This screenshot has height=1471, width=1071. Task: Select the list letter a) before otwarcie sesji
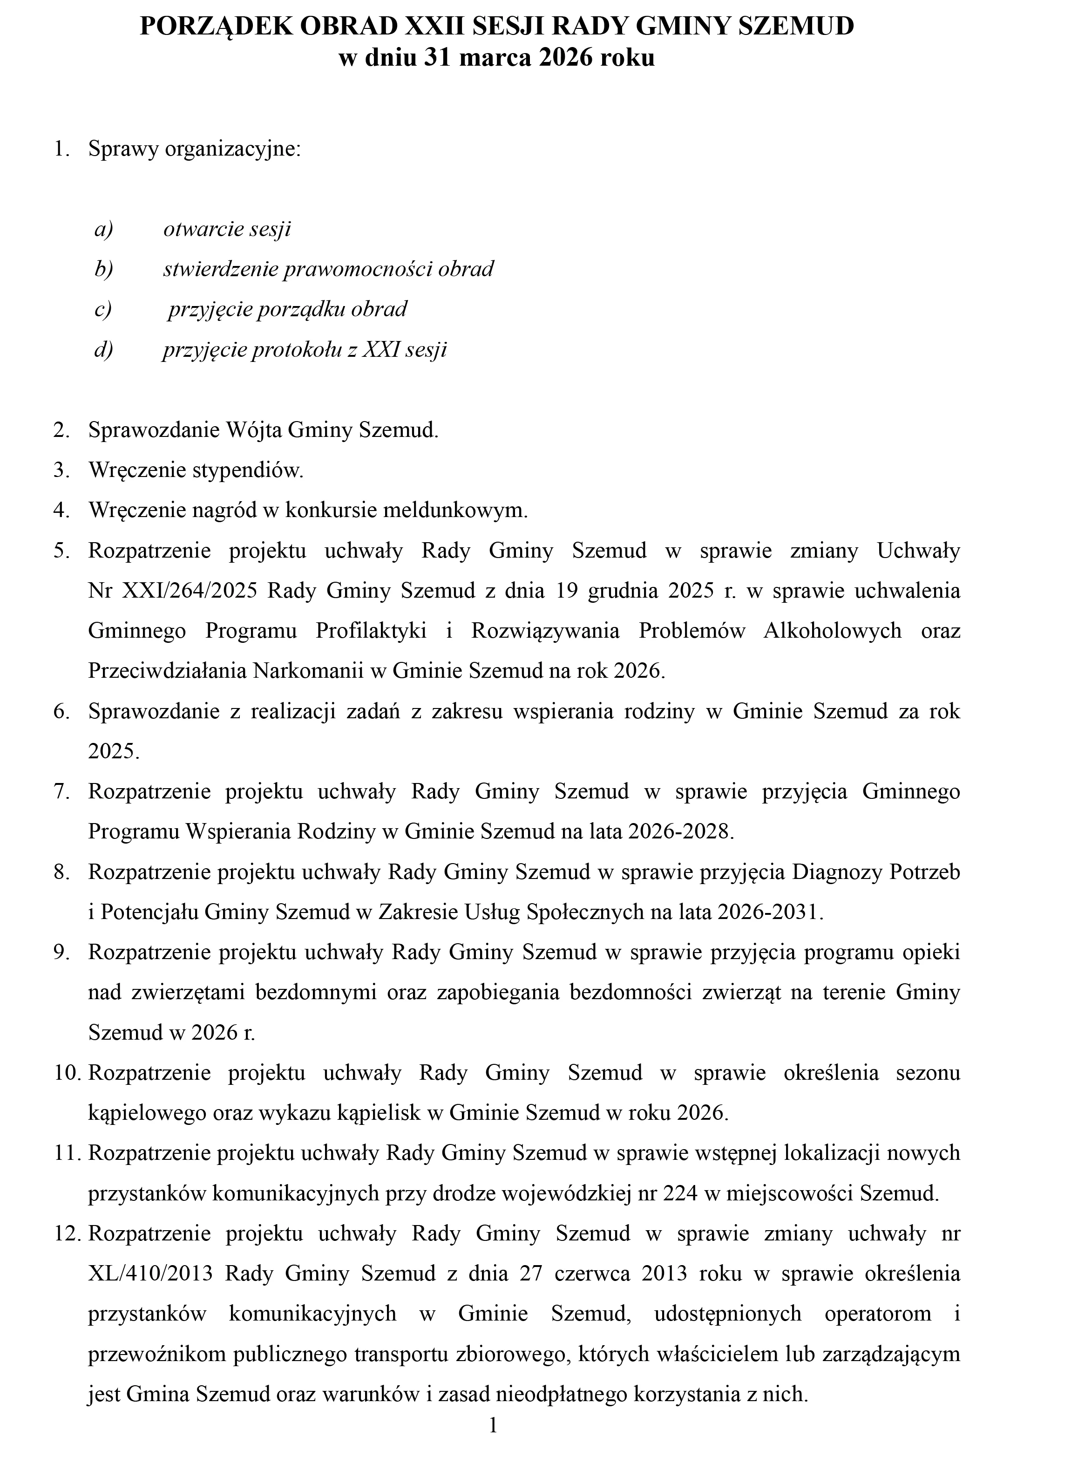click(104, 229)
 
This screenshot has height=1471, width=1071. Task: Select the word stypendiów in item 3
click(248, 470)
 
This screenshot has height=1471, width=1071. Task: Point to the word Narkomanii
click(308, 671)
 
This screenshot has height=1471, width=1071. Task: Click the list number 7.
click(61, 792)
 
